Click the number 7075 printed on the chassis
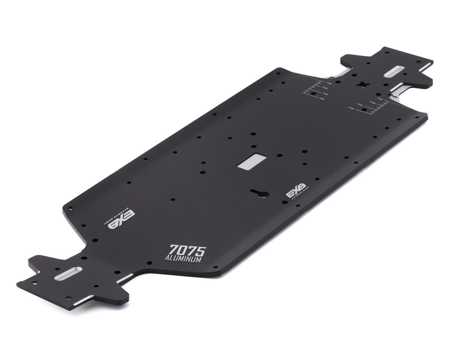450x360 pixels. point(187,250)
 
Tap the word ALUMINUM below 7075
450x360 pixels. point(184,259)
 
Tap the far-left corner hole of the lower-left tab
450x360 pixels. point(34,283)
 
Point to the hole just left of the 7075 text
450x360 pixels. point(149,263)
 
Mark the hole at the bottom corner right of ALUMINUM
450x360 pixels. point(216,267)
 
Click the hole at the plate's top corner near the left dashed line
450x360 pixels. point(278,73)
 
